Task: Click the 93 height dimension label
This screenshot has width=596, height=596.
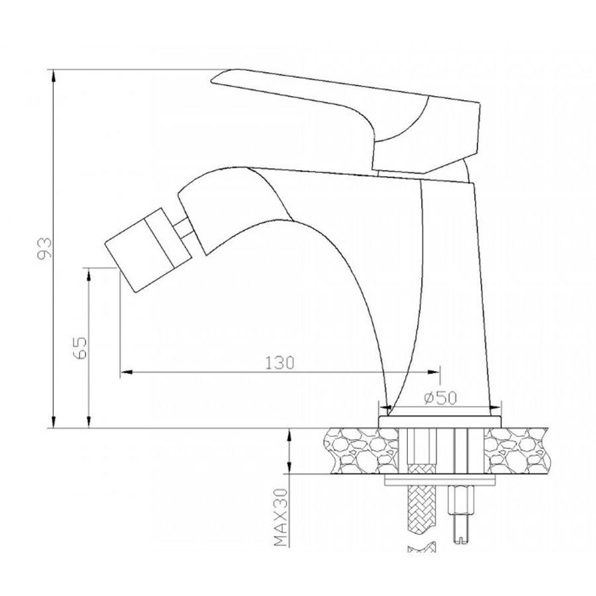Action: pyautogui.click(x=44, y=248)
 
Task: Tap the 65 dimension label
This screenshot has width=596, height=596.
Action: pyautogui.click(x=80, y=348)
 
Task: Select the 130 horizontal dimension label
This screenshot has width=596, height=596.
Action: pyautogui.click(x=279, y=363)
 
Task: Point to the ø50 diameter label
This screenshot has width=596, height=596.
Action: pyautogui.click(x=440, y=398)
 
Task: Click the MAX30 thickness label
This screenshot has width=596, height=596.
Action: pyautogui.click(x=281, y=517)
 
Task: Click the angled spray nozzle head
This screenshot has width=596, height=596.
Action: pyautogui.click(x=148, y=250)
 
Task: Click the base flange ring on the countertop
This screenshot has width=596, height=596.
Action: pyautogui.click(x=440, y=422)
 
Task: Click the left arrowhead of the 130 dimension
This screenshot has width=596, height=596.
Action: pyautogui.click(x=126, y=372)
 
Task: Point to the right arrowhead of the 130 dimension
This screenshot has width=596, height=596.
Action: pyautogui.click(x=433, y=372)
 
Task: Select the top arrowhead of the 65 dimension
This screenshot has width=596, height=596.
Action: pyautogui.click(x=89, y=275)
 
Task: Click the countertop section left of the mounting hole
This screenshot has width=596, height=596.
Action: pyautogui.click(x=360, y=451)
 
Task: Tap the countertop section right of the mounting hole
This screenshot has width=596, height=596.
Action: pyautogui.click(x=517, y=451)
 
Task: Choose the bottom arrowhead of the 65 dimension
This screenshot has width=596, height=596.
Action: pyautogui.click(x=89, y=421)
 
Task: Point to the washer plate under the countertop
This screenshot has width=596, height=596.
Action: pyautogui.click(x=440, y=480)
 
